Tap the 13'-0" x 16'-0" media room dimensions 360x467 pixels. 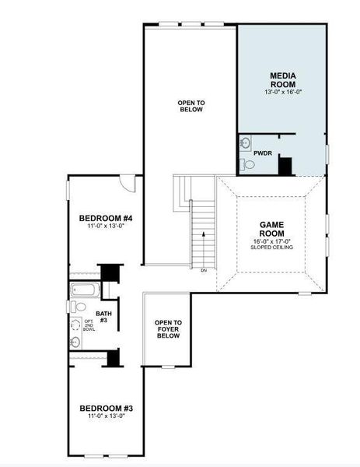click(281, 92)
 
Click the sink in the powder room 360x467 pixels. click(245, 142)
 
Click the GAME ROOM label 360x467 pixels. click(271, 229)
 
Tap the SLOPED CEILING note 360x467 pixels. click(271, 248)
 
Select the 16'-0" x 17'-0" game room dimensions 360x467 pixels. click(271, 241)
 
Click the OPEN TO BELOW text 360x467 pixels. click(190, 106)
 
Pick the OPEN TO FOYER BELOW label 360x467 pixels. click(168, 329)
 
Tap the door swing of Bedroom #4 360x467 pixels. click(128, 184)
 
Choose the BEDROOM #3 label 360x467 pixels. click(107, 408)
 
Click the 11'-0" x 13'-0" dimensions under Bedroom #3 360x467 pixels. click(107, 416)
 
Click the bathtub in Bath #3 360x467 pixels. click(82, 292)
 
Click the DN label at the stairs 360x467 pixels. click(204, 270)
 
